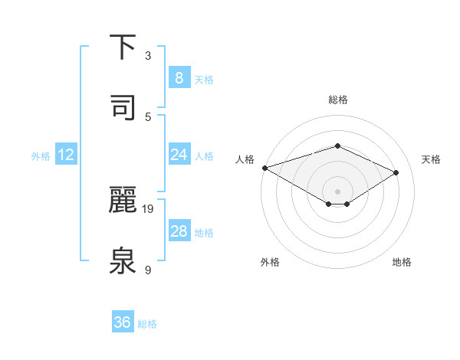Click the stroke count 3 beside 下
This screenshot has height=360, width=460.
148,56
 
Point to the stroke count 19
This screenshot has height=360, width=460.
149,208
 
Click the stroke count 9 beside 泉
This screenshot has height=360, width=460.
148,270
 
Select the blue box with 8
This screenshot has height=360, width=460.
179,78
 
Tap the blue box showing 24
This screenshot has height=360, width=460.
179,155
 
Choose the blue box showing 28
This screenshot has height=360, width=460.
179,231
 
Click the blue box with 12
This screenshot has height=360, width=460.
65,155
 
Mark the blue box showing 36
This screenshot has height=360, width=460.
123,322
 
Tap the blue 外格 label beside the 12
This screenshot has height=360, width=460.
41,156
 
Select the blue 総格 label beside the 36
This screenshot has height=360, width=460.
147,324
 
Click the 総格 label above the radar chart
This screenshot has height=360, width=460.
337,100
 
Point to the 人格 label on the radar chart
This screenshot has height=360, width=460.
245,159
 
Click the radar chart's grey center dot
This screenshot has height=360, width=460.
337,191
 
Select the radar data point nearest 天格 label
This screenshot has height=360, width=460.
396,173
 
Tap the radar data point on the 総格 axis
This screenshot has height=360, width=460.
337,146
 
